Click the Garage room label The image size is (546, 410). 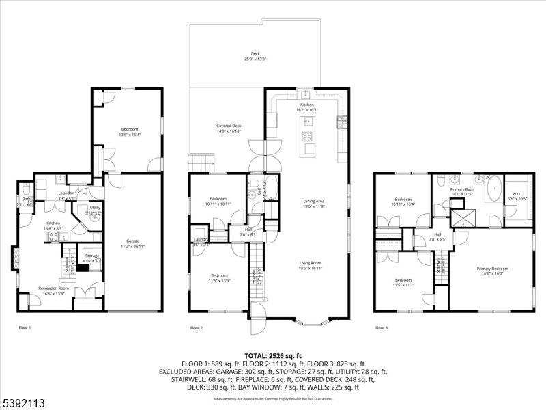(132, 241)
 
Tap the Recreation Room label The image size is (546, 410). (53, 288)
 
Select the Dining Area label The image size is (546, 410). (313, 201)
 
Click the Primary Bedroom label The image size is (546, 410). (492, 269)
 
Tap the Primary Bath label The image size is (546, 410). (461, 189)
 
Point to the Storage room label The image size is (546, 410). (91, 256)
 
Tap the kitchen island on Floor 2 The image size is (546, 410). (308, 136)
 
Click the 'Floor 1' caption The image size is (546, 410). (25, 328)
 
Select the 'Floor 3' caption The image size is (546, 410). (382, 328)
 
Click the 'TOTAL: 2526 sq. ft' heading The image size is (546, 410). (273, 356)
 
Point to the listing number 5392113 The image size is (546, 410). (24, 403)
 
